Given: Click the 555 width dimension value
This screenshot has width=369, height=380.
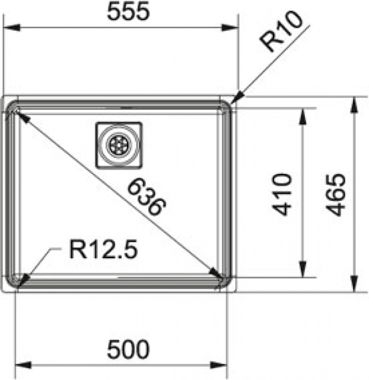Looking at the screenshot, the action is coord(128,12).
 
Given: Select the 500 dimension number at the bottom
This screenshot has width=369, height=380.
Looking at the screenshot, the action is coord(128,349).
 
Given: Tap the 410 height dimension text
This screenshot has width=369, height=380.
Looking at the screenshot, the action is coord(281,194).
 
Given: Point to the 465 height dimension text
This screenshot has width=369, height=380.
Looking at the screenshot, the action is coord(335,195).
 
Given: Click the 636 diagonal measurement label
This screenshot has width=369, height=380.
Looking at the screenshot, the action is coord(147,197).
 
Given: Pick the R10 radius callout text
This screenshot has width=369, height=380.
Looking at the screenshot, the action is coord(281,31).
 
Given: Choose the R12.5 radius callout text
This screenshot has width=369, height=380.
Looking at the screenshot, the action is coord(103,249).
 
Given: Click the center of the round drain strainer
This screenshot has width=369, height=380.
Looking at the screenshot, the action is coord(119,145).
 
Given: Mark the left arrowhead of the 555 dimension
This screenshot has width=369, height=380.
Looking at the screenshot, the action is coord(12,27).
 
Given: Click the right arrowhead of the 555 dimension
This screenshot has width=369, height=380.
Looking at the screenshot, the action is coord(230,28).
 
